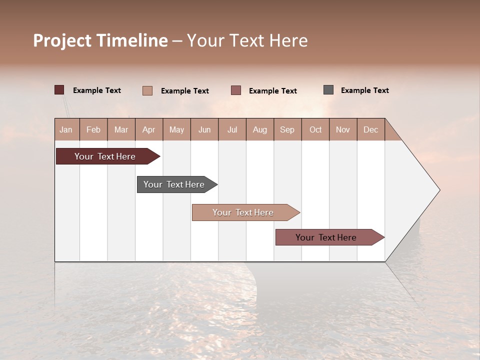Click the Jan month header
point(66,129)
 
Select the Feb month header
point(93,129)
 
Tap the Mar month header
point(121,129)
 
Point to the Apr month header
point(149,129)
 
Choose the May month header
point(176,129)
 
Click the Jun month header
point(204,129)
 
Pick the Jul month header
point(232,129)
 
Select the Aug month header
point(260,129)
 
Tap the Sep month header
point(287,129)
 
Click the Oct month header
point(315,129)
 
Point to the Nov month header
point(343,129)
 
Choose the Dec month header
point(371,129)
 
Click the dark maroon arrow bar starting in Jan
point(105,156)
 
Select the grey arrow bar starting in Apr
point(174,184)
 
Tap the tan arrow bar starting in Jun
point(243,212)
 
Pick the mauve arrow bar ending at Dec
point(326,237)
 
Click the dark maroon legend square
point(59,90)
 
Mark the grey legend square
point(328,90)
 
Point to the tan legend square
point(147,90)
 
